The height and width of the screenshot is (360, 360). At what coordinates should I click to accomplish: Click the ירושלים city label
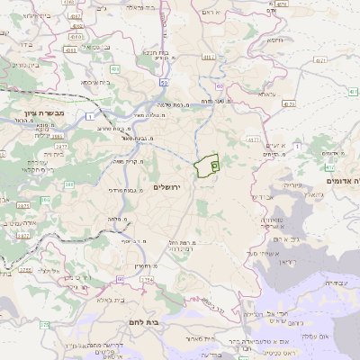167,187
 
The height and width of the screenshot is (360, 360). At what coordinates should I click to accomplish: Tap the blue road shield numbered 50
164,83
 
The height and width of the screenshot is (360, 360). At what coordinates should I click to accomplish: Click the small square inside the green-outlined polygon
213,165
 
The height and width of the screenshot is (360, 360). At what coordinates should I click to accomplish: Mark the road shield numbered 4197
209,58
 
